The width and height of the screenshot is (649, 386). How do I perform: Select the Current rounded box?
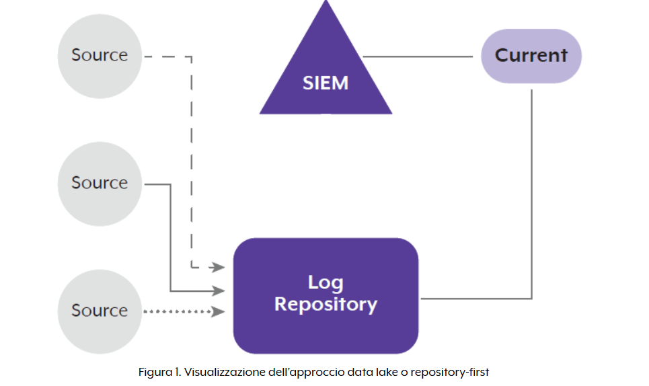pyautogui.click(x=531, y=56)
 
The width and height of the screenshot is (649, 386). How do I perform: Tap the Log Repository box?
pyautogui.click(x=326, y=295)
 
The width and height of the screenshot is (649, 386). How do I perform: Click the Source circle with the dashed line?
pyautogui.click(x=99, y=55)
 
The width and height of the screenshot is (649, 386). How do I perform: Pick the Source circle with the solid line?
pyautogui.click(x=99, y=183)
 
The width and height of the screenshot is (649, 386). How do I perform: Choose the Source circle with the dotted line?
pyautogui.click(x=99, y=311)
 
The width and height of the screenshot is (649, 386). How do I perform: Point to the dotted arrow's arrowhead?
pyautogui.click(x=218, y=311)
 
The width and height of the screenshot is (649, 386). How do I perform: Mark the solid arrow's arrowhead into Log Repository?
pyautogui.click(x=218, y=291)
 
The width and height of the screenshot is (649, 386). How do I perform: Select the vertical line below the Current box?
pyautogui.click(x=532, y=195)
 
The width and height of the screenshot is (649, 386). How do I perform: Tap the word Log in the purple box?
pyautogui.click(x=326, y=282)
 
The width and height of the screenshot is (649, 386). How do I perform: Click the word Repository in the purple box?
pyautogui.click(x=326, y=305)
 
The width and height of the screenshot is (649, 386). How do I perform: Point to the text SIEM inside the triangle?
pyautogui.click(x=326, y=83)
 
